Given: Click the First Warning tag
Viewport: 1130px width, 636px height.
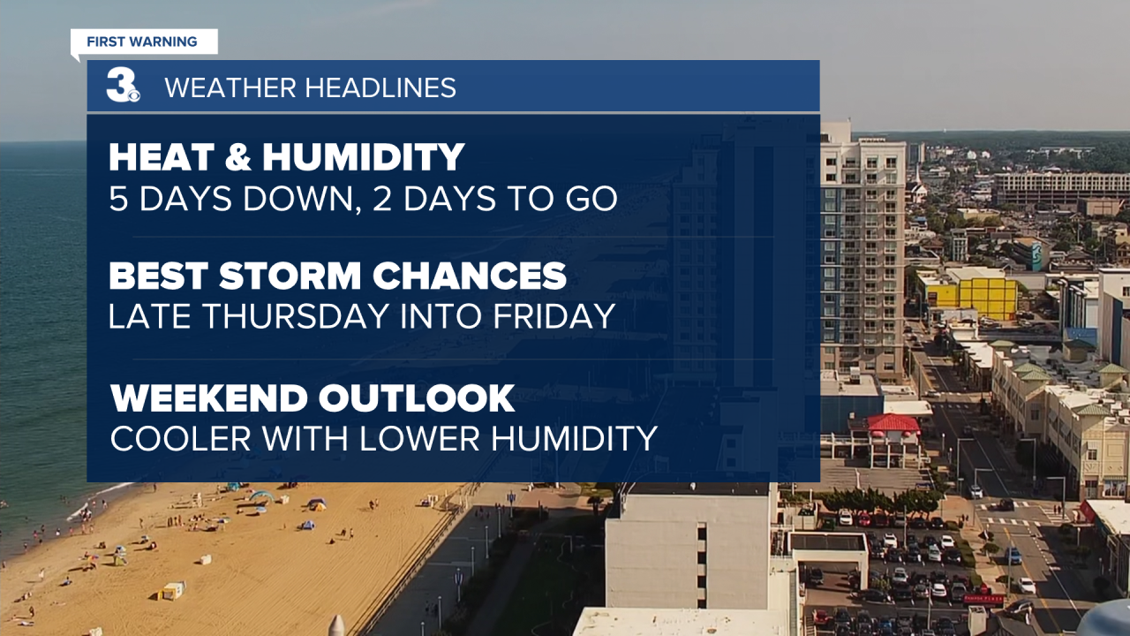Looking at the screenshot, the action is pyautogui.click(x=144, y=42).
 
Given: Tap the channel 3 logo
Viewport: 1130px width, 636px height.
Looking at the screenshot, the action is pyautogui.click(x=123, y=86).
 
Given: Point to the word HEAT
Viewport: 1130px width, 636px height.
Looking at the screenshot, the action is pyautogui.click(x=162, y=157).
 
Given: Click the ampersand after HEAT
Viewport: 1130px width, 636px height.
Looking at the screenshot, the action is pyautogui.click(x=238, y=157).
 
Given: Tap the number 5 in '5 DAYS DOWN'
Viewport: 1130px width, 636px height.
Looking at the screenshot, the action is pyautogui.click(x=118, y=199).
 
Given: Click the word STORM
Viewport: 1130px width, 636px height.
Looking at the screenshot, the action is pyautogui.click(x=290, y=276).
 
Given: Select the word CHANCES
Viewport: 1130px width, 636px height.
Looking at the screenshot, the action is pyautogui.click(x=469, y=276).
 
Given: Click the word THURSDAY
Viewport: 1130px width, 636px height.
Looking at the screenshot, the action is pyautogui.click(x=295, y=316).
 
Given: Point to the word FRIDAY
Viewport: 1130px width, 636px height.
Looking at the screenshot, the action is pyautogui.click(x=554, y=316).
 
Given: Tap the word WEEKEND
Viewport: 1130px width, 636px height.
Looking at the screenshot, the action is pyautogui.click(x=209, y=398).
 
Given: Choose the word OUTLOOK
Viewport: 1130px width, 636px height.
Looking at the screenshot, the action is pyautogui.click(x=416, y=398).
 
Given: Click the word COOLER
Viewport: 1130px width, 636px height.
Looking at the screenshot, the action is pyautogui.click(x=181, y=438).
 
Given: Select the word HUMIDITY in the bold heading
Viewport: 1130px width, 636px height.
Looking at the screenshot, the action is pyautogui.click(x=363, y=157).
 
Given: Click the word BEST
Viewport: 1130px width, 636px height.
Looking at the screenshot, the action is pyautogui.click(x=158, y=276).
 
